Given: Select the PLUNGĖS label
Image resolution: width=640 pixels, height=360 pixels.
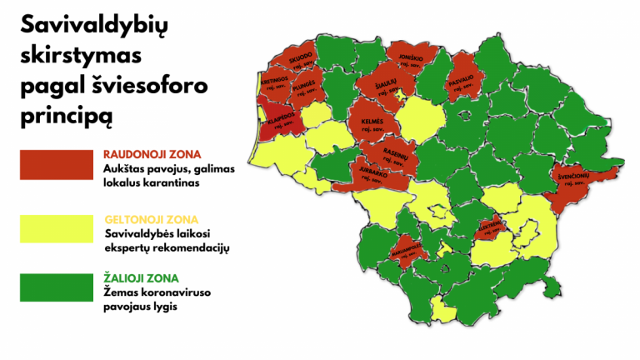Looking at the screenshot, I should (303, 84).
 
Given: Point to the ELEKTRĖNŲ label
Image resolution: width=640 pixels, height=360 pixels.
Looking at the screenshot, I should (490, 225).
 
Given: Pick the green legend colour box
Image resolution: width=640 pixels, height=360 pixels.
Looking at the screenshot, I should (56, 287).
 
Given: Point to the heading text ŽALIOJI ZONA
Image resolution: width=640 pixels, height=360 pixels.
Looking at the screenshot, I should (141, 277).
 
